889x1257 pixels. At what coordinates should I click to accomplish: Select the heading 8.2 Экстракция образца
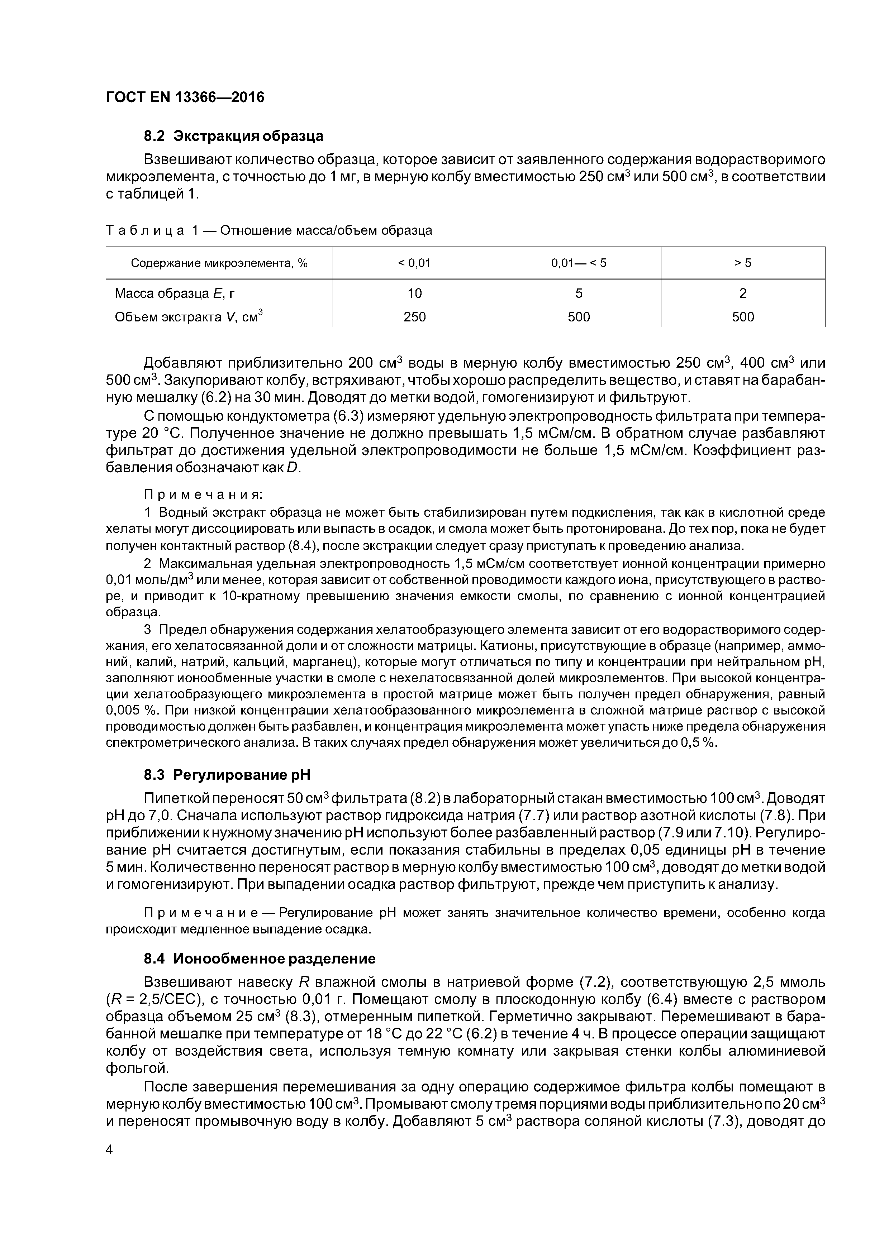[x=233, y=136]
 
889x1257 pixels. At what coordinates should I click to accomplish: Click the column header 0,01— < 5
[x=579, y=263]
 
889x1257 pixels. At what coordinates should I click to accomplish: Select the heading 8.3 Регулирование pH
[x=226, y=775]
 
